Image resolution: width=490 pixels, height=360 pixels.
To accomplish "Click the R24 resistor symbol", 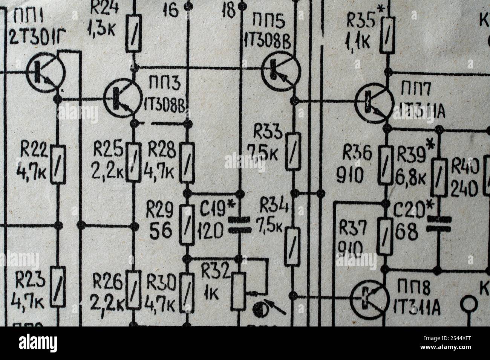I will pyautogui.click(x=133, y=34).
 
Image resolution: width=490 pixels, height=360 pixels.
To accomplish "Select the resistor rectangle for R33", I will pyautogui.click(x=294, y=151).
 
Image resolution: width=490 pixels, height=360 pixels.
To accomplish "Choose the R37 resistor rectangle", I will pyautogui.click(x=385, y=236).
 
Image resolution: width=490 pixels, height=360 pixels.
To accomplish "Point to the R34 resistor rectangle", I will pyautogui.click(x=294, y=247).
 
